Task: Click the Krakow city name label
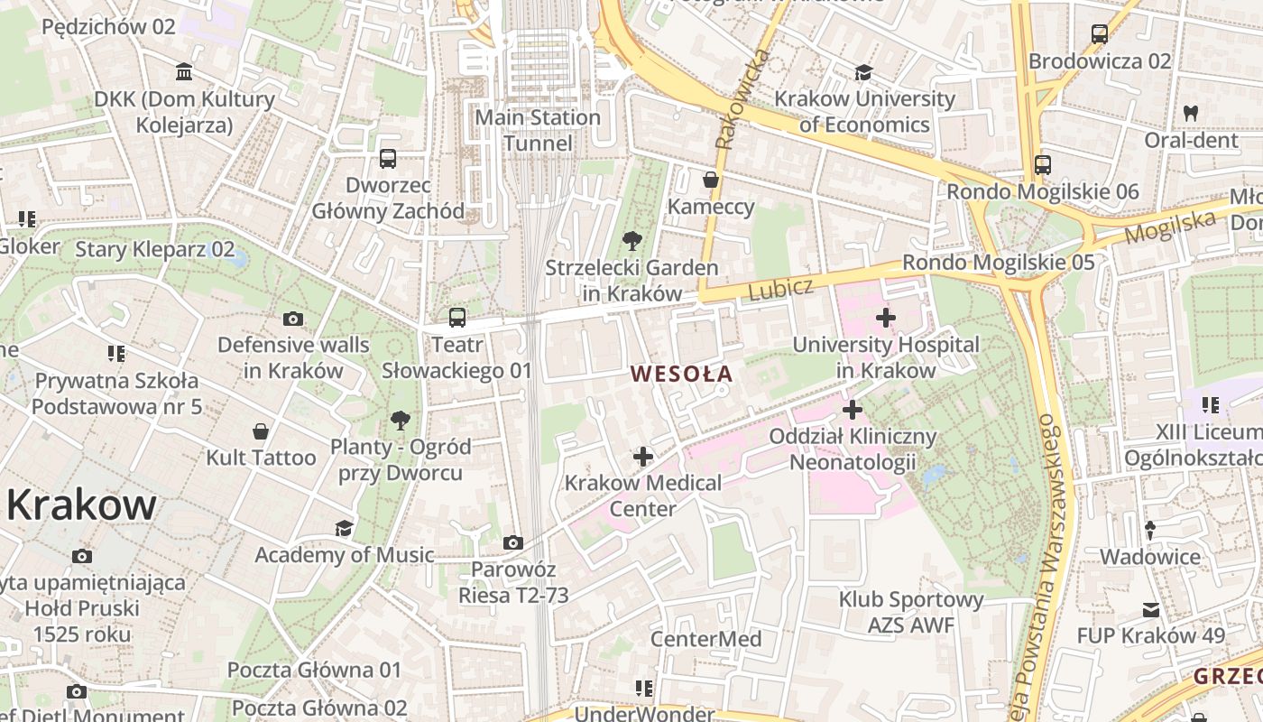click(81, 505)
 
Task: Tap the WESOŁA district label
click(681, 373)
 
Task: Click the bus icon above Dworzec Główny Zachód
click(388, 159)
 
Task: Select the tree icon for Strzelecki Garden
click(632, 240)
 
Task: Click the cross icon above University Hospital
click(886, 318)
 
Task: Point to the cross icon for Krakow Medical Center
click(642, 457)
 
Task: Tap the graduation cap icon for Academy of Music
click(344, 528)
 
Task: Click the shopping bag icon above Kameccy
click(711, 180)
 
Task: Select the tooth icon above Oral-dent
click(1191, 114)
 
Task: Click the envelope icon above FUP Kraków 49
click(1151, 610)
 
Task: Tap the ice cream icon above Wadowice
click(1150, 531)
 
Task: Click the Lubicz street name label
click(780, 289)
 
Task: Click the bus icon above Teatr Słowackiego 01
click(457, 318)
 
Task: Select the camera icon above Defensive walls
click(293, 319)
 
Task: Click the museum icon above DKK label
click(185, 71)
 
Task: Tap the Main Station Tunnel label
click(538, 130)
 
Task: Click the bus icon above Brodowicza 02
click(1100, 34)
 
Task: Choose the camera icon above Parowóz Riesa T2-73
click(513, 542)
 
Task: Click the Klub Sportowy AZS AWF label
click(911, 612)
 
